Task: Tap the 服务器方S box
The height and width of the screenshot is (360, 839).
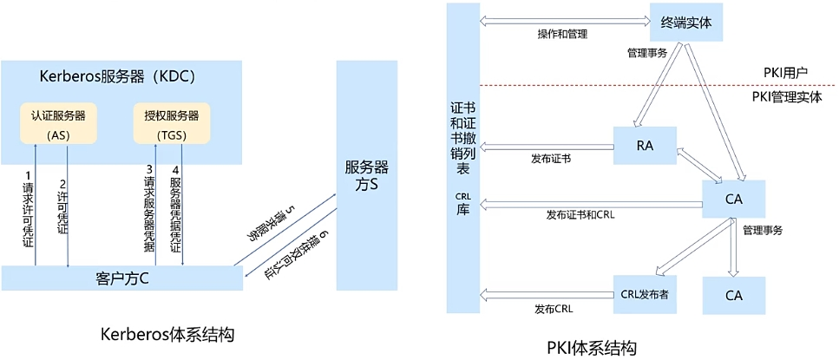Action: pos(365,173)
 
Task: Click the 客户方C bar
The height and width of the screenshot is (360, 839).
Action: pos(121,278)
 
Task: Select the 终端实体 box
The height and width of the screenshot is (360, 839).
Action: pos(685,22)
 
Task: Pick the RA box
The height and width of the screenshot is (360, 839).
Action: pos(645,146)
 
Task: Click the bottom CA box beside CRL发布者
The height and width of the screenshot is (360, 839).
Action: pos(734,296)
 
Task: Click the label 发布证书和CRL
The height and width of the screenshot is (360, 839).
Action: pos(580,214)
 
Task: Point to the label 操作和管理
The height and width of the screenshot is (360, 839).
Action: pos(562,35)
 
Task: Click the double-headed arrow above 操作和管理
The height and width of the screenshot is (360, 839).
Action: pos(564,19)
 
